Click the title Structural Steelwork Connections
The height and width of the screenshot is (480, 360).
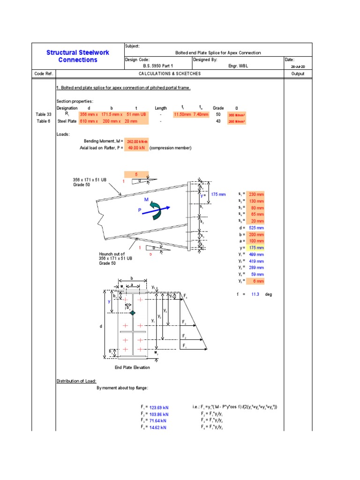78,56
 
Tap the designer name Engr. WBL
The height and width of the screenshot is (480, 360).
238,67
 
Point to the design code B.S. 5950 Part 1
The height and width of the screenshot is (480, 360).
158,67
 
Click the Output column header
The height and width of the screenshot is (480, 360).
298,74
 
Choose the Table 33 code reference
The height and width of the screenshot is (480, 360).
43,114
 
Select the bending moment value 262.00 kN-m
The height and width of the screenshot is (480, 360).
137,141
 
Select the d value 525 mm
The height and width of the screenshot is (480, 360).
257,228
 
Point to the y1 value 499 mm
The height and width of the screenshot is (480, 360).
257,255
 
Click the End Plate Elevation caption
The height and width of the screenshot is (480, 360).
132,367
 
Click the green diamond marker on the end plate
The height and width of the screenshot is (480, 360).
133,313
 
